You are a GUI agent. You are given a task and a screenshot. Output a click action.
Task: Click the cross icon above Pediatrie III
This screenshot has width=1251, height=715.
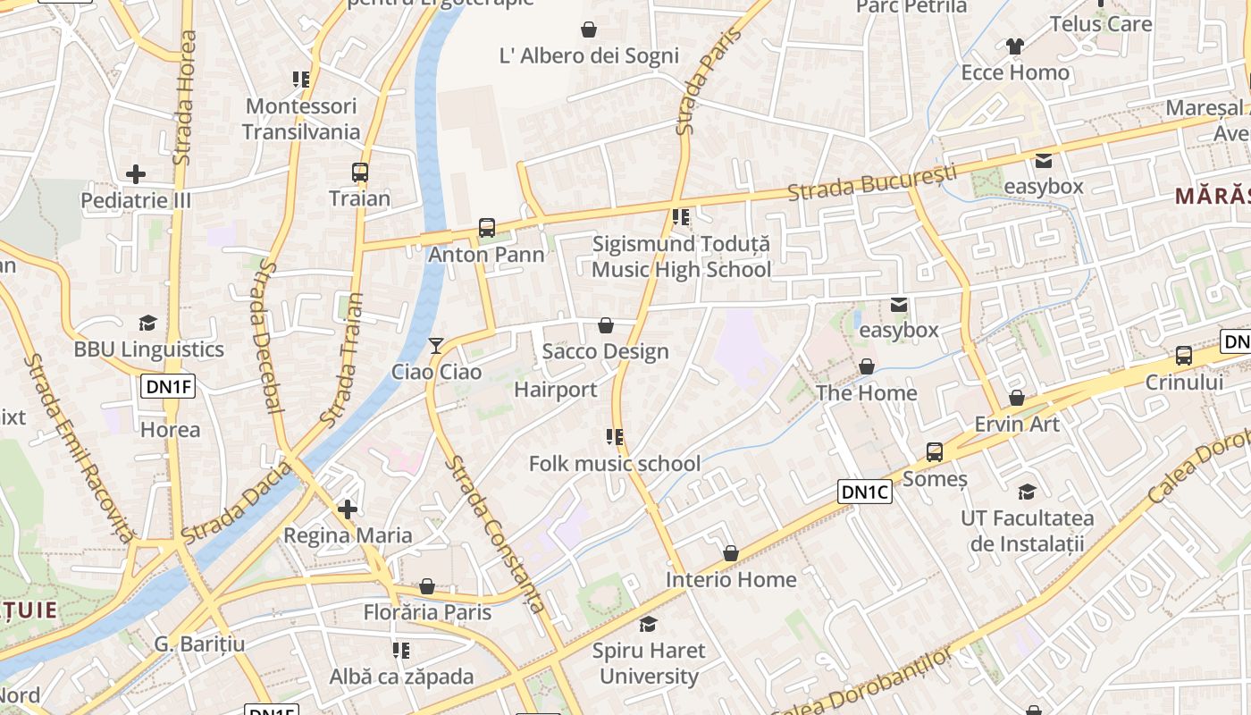[136, 173]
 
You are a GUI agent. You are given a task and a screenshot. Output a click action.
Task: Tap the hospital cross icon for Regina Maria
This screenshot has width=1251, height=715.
[348, 509]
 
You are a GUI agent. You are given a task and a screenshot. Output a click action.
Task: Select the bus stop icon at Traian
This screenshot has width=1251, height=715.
[360, 172]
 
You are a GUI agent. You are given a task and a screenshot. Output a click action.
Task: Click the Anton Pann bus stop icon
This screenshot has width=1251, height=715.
[487, 228]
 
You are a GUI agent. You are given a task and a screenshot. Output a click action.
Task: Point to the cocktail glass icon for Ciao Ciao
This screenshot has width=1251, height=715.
[436, 346]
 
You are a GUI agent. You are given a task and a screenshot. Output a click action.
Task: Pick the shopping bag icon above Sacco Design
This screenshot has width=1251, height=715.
[605, 325]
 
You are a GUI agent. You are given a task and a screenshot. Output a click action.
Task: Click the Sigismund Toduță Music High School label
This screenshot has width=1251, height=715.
[681, 257]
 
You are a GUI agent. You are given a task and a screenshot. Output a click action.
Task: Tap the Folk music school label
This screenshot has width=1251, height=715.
[615, 464]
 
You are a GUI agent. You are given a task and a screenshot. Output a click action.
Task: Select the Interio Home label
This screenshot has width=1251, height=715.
[730, 580]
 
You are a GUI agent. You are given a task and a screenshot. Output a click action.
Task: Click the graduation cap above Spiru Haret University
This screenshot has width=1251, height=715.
[648, 624]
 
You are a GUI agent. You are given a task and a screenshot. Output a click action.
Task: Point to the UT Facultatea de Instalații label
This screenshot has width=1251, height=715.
[1027, 531]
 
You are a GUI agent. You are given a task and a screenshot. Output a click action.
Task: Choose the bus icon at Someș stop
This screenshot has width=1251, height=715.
[935, 452]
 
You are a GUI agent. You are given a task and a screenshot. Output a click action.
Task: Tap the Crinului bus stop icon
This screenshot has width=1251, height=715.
[1184, 356]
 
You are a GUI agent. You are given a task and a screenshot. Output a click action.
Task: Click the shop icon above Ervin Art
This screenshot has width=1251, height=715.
[1017, 398]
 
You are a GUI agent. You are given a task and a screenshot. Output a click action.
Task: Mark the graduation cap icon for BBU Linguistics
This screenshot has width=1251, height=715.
[147, 323]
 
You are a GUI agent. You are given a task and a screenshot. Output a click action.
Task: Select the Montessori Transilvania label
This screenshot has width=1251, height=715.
[301, 119]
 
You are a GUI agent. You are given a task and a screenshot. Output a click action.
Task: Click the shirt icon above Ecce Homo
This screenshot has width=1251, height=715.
[1014, 46]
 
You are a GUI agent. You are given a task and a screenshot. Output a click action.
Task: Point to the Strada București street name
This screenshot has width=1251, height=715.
[871, 182]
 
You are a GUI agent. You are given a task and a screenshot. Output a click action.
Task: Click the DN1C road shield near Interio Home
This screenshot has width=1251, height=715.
[865, 492]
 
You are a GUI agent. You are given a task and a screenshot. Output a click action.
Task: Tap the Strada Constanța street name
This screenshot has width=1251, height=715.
[495, 534]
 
